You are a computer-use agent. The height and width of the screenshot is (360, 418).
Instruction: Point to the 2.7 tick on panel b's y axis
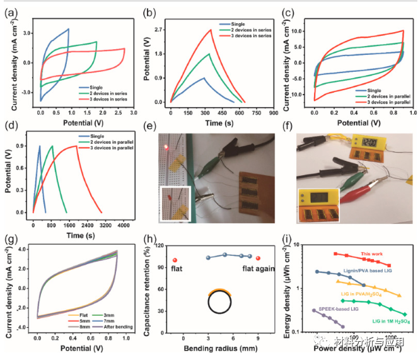tap(160, 30)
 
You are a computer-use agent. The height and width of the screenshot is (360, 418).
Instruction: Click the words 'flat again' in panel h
tap(257, 267)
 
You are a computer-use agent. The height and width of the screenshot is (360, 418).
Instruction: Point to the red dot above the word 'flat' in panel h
tap(175, 260)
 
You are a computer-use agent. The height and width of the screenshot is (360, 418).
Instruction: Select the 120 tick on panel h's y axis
tap(160, 244)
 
